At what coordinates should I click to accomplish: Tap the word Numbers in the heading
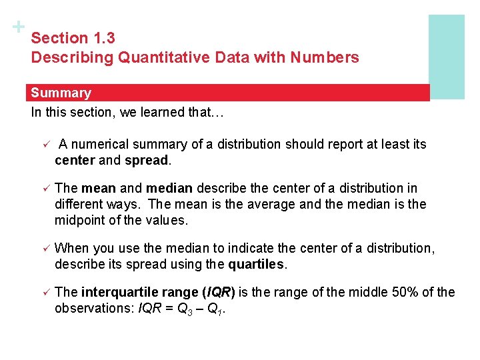tap(325, 57)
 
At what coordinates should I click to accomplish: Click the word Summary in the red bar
tap(61, 93)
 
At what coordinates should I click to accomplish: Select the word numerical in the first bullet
tap(101, 144)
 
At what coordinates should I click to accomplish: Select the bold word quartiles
tap(256, 264)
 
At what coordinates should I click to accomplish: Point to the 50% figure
tap(383, 292)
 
